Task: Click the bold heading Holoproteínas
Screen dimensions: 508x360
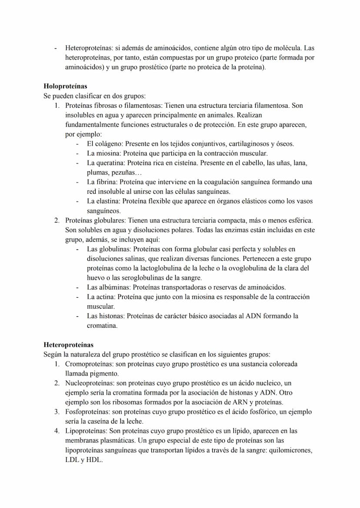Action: click(x=65, y=86)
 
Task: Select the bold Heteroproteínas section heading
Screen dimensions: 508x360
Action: click(x=68, y=345)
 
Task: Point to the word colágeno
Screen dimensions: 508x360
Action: click(x=108, y=144)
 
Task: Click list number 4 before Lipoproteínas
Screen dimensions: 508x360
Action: click(x=57, y=431)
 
